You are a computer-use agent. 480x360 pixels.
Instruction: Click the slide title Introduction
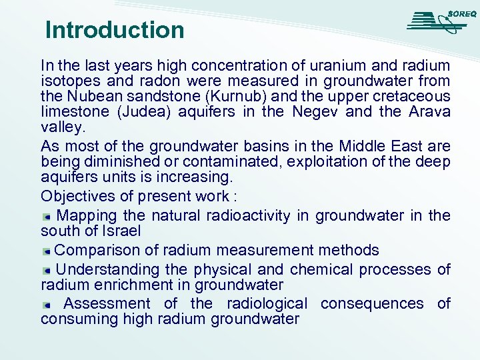point(115,30)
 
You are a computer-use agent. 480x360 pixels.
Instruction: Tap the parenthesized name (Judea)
point(145,111)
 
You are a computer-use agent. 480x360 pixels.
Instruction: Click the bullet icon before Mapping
point(47,217)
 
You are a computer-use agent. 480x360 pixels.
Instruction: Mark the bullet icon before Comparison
point(47,252)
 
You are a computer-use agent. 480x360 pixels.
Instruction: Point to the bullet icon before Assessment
point(47,305)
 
